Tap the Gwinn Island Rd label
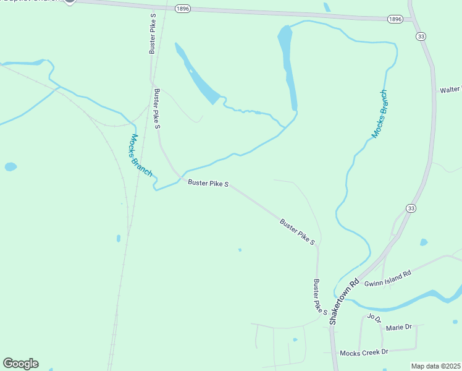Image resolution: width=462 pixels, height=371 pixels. tap(387, 278)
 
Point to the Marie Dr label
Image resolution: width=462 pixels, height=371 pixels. tap(398, 326)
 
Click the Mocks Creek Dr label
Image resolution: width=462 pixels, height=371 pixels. tap(364, 352)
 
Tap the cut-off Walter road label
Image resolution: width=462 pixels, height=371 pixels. tap(450, 90)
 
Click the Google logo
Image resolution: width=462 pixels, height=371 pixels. tap(20, 364)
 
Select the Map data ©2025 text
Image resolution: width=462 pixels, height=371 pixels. tap(435, 366)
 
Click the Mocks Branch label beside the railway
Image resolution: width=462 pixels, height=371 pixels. tap(141, 155)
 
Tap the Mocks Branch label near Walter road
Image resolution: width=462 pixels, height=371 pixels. tap(380, 114)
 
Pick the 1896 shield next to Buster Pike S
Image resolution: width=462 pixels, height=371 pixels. tap(182, 8)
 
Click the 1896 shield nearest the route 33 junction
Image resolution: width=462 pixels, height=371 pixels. tap(395, 19)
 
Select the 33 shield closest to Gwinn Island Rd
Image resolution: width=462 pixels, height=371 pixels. tap(411, 208)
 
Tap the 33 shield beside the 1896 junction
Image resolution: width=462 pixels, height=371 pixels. tap(421, 37)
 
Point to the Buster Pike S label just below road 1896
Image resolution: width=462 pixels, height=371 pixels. tap(153, 32)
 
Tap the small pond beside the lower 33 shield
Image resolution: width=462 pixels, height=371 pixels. tap(423, 242)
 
